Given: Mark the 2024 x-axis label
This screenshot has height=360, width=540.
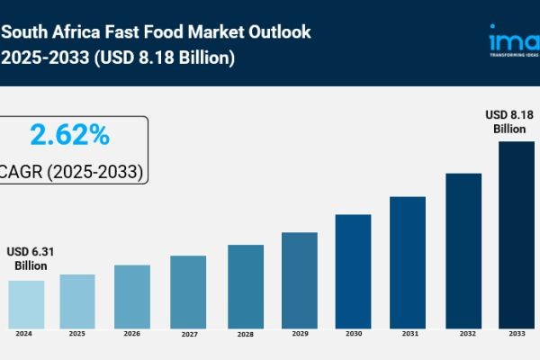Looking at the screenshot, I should point(26,333).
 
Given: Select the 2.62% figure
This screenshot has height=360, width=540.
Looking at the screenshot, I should point(69,136).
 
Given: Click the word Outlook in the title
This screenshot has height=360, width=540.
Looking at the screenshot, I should point(278,32).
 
